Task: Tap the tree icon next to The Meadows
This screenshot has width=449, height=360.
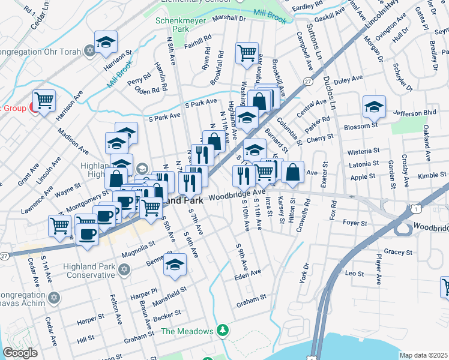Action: (223, 331)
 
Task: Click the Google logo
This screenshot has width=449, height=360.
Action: (20, 353)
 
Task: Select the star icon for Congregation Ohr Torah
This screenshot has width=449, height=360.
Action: (90, 49)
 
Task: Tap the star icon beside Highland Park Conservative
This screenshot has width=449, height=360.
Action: (125, 271)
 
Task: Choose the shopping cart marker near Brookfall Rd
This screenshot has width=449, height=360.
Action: (247, 53)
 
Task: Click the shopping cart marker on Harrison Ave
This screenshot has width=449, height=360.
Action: (44, 100)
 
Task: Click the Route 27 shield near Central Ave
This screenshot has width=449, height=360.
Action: (308, 80)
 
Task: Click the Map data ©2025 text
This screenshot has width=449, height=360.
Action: (423, 355)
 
